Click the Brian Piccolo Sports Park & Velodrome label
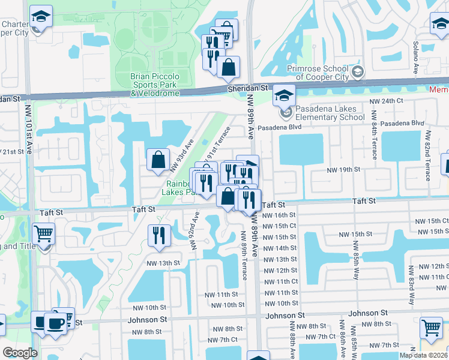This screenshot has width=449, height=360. coord(155,85)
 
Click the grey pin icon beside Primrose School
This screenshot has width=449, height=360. coord(358,73)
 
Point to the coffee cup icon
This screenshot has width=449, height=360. coord(56,323)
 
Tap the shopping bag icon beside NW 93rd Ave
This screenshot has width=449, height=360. coord(158,160)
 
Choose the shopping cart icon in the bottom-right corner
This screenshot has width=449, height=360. coord(431,328)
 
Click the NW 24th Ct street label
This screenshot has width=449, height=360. coord(386,101)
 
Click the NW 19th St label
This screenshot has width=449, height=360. coord(343,170)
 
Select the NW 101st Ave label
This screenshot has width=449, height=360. coord(28,130)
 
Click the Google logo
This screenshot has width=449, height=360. coord(20,353)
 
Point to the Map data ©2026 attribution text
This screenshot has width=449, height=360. coord(423,355)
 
